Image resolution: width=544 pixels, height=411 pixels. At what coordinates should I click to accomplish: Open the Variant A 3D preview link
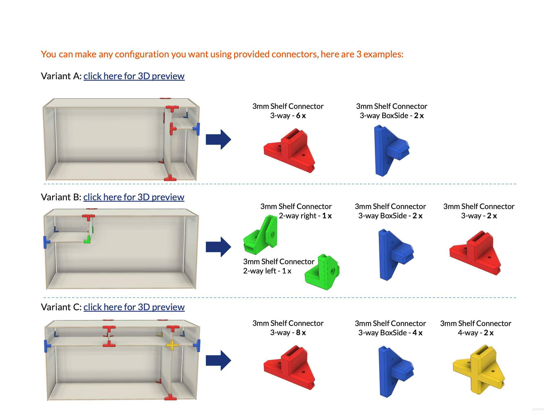coord(134,76)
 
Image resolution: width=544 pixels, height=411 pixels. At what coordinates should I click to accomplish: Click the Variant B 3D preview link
coord(134,197)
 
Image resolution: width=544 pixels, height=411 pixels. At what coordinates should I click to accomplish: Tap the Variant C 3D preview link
coord(134,307)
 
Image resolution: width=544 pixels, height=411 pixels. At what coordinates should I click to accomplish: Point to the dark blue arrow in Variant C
coord(218,361)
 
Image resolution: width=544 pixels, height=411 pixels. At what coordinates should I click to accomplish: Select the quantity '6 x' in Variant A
coord(301,116)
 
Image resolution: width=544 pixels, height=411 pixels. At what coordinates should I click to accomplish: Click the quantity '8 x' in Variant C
coord(301,333)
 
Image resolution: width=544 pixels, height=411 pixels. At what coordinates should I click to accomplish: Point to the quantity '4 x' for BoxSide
coord(417,333)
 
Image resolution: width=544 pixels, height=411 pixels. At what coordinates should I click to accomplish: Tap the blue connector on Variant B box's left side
coord(46,242)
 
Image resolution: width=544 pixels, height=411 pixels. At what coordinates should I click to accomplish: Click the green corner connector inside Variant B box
coord(87,240)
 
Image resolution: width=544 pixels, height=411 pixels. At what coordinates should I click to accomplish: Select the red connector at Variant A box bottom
coord(170,178)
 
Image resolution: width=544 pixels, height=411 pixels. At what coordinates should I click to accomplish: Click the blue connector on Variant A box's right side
coord(197,129)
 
